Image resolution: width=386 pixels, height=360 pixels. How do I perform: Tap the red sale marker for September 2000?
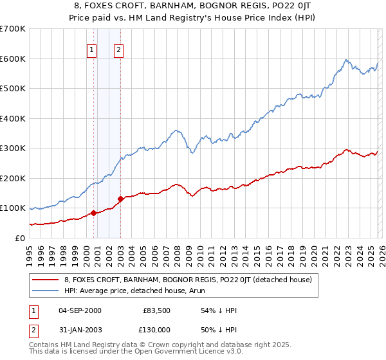pos(94,213)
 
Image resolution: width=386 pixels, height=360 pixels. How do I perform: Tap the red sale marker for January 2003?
pos(121,199)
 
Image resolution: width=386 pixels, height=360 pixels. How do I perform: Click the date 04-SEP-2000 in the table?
pos(80,310)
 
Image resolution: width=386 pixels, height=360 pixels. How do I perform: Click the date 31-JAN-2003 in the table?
pos(80,330)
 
